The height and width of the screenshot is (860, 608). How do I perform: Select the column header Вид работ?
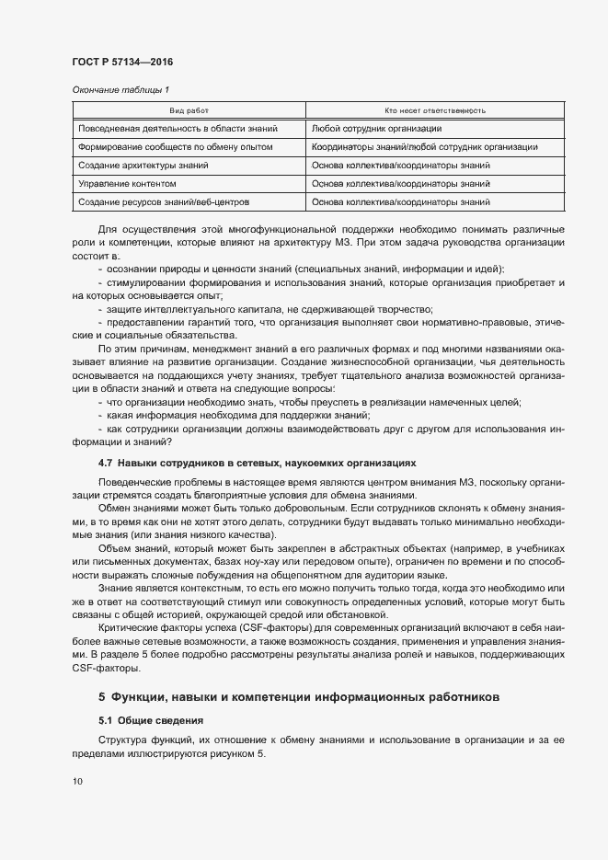(189, 110)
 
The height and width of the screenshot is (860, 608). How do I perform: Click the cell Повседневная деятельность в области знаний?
(178, 129)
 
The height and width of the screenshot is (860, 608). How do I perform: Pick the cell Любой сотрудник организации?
(377, 129)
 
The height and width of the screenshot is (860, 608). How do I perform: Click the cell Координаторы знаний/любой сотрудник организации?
(425, 147)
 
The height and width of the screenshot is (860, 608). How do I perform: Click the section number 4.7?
(105, 464)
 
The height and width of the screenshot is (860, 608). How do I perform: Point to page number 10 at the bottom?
(76, 782)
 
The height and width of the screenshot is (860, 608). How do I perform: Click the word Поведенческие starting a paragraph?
(131, 483)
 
